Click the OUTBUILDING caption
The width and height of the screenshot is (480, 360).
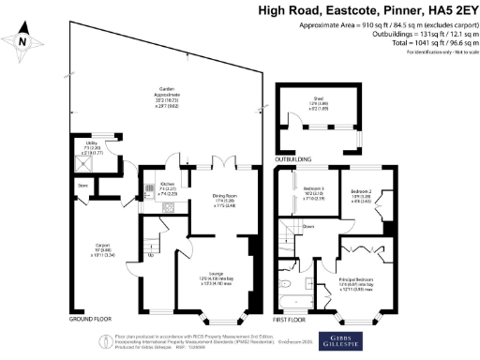[297, 158]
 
